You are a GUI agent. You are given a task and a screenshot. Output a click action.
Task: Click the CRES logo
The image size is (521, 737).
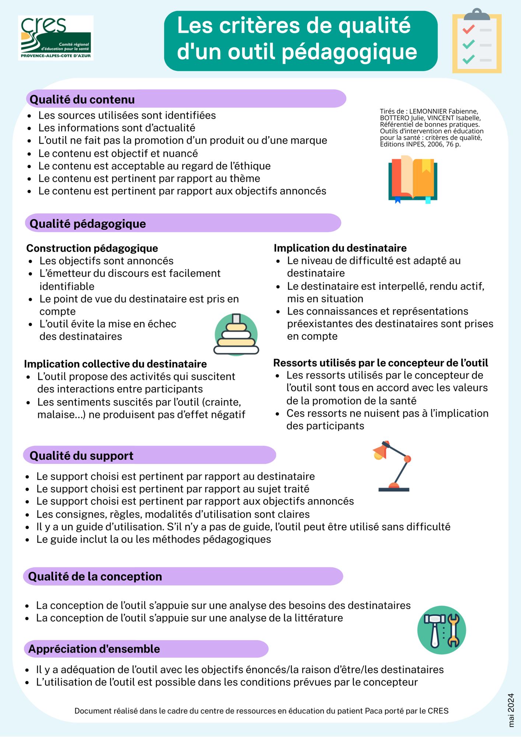[x=56, y=38]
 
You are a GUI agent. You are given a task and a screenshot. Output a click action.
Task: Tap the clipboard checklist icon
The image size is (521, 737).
[x=477, y=41]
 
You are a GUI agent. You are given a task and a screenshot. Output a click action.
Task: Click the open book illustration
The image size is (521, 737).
[x=413, y=179]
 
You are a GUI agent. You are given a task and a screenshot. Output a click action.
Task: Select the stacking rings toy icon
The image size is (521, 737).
[x=236, y=335]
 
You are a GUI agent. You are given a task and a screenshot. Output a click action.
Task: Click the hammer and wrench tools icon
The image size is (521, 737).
[x=441, y=630]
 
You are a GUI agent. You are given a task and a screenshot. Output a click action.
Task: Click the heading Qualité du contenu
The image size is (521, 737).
[x=82, y=99]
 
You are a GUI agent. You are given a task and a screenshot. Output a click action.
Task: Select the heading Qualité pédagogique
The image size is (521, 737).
[x=88, y=224]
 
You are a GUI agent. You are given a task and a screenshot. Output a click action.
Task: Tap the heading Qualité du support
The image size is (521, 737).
[x=81, y=456]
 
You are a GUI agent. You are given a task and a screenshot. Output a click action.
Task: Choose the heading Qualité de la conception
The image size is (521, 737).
[x=95, y=576]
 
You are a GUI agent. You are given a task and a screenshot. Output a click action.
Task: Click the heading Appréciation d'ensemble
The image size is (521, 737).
[x=94, y=649]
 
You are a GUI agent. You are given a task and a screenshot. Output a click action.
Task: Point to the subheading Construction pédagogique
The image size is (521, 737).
[x=92, y=248]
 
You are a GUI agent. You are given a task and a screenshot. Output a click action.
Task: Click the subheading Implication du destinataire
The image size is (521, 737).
[x=340, y=248]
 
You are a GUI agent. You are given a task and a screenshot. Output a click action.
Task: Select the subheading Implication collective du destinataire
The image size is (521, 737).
[x=115, y=364]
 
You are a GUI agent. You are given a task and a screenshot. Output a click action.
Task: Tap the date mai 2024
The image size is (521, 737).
[x=511, y=710]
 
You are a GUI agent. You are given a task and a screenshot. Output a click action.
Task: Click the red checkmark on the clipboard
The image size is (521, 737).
[x=468, y=29]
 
